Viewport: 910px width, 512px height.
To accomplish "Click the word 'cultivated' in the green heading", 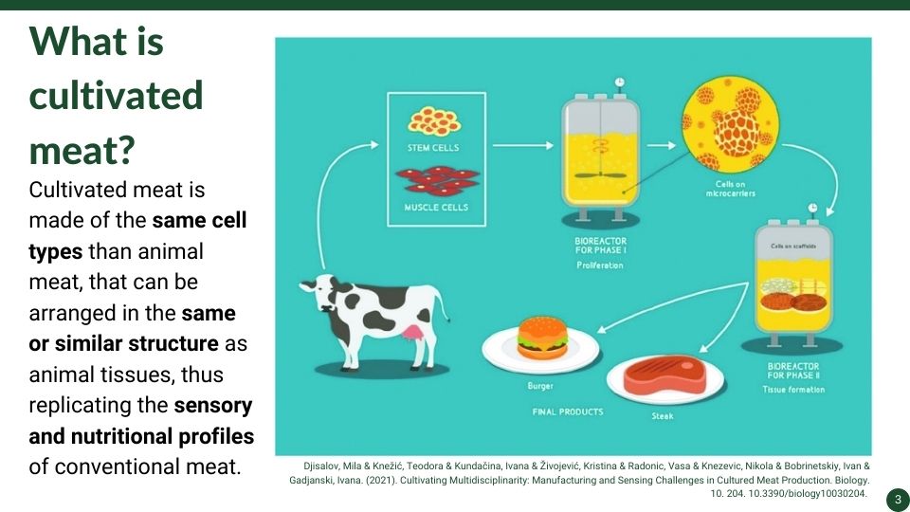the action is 116,95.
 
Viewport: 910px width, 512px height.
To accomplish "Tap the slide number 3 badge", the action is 898,500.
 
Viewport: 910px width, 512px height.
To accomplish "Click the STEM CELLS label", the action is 433,148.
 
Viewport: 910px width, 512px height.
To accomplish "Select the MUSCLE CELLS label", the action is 436,208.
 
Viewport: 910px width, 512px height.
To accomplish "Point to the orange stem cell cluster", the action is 434,120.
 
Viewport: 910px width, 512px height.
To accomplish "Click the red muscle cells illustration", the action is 437,181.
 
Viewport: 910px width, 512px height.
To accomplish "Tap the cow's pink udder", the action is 413,332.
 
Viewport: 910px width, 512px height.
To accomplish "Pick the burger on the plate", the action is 542,338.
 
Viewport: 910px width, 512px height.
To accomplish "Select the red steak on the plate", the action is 665,375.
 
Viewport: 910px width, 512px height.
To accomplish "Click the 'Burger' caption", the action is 540,386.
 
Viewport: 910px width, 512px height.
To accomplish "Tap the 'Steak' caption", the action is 663,415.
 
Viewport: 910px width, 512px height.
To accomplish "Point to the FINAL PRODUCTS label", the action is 568,411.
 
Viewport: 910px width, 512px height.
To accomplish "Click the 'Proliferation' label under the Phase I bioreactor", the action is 600,265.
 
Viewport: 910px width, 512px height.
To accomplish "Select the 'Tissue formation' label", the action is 793,390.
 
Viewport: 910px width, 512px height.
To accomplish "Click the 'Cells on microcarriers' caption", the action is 731,189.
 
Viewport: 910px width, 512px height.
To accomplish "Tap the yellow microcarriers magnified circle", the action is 730,123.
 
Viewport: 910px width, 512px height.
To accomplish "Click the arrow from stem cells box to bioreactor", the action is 523,145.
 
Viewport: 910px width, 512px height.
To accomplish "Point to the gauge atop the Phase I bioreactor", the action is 620,82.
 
